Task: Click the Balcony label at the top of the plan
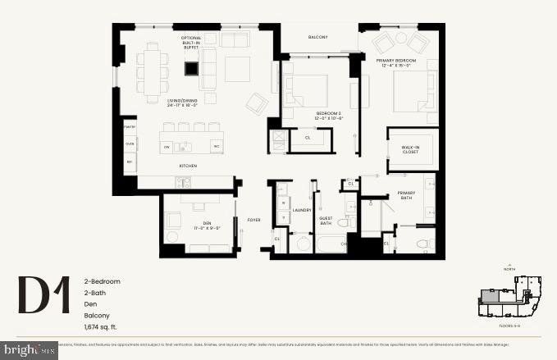click(x=317, y=37)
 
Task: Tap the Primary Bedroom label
click(x=396, y=63)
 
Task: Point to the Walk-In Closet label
click(x=411, y=150)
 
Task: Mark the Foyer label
click(x=253, y=219)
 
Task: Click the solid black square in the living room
click(x=190, y=69)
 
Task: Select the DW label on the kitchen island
click(x=167, y=148)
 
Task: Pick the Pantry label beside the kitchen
click(x=130, y=127)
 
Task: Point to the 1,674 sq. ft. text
click(x=102, y=327)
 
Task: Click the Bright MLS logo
click(x=29, y=349)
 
